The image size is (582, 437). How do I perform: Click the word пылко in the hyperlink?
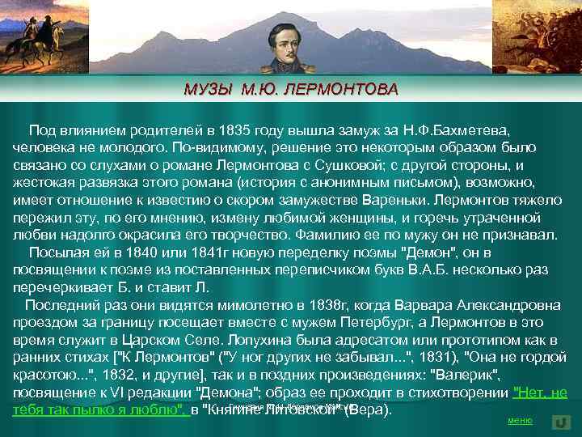(90, 410)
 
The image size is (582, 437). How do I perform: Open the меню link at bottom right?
(519, 421)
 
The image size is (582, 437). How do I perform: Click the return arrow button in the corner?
(562, 422)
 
